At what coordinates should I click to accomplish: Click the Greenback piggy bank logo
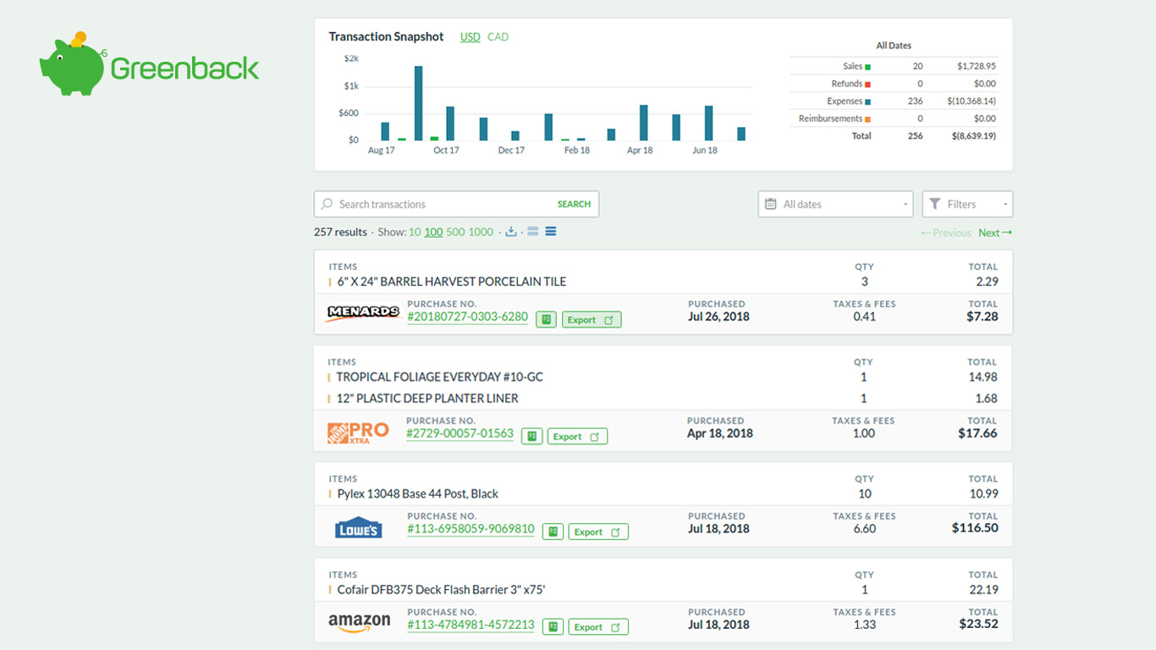pos(72,65)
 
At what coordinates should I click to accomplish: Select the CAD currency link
pos(498,37)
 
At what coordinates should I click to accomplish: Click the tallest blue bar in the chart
pos(418,102)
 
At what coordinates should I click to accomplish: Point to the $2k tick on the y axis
pos(351,58)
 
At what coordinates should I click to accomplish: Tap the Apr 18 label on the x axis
pos(639,151)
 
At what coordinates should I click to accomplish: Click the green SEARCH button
pos(574,204)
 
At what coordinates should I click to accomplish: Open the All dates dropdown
pos(834,204)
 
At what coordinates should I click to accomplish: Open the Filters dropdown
pos(966,204)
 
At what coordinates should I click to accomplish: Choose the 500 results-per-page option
pos(455,232)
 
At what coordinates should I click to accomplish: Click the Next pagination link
pos(994,233)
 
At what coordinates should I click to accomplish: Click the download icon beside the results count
pos(510,232)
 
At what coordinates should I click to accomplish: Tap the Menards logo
pos(362,312)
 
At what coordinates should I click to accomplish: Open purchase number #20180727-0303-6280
pos(467,317)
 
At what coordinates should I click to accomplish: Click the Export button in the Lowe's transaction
pos(597,532)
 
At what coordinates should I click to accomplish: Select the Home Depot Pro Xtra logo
pos(358,432)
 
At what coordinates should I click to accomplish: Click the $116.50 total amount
pos(974,528)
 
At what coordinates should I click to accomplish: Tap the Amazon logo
pos(360,622)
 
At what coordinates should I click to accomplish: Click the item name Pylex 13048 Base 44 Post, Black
pos(417,494)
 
